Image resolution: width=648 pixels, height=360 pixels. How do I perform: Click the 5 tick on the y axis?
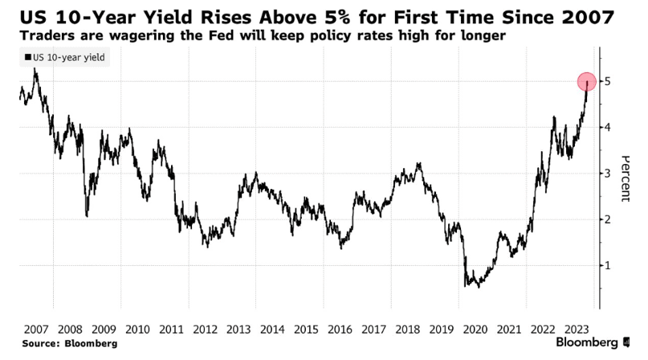[609, 81]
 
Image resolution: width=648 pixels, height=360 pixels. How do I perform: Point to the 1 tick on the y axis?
[609, 265]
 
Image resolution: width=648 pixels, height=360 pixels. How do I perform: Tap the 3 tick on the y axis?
[609, 174]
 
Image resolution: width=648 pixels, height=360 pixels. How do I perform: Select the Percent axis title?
[625, 176]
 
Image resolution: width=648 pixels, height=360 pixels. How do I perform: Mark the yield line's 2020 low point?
[479, 286]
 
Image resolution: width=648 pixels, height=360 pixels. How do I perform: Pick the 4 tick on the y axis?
[609, 127]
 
